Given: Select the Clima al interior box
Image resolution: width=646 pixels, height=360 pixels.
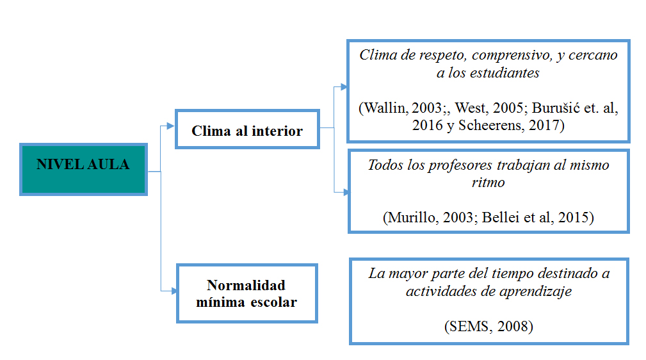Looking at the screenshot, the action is pos(246,131).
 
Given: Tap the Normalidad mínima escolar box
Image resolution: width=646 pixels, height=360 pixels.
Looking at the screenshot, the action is pos(246,293).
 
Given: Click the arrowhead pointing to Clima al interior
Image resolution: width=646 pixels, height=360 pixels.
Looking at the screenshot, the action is pos(170,126).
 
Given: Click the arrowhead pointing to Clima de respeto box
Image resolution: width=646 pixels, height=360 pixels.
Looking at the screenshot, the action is pos(345,86).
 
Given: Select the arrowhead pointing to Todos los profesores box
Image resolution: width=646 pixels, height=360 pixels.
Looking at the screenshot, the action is pos(346,192).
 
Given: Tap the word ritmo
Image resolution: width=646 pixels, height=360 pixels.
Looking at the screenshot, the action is pos(488,183).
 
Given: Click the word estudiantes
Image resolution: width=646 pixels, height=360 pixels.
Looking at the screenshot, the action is pos(504,72).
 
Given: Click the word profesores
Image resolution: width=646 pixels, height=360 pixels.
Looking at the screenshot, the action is pos(464,165).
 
